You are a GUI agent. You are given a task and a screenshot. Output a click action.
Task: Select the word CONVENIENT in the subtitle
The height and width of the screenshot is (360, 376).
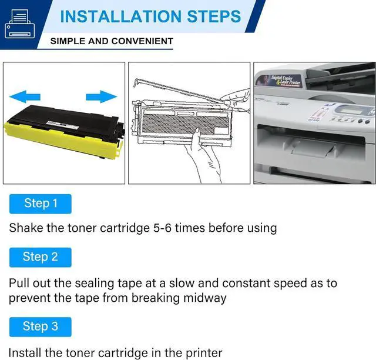coord(144,41)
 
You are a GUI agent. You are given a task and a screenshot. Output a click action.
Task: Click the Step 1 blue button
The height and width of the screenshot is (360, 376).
coord(41,204)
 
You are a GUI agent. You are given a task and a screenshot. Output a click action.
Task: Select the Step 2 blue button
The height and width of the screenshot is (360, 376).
coord(41,257)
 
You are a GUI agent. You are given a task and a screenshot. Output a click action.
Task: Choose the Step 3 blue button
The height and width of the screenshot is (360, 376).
coord(41,326)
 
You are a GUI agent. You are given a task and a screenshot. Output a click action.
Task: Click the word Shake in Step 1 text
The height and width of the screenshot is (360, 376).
coord(26,228)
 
